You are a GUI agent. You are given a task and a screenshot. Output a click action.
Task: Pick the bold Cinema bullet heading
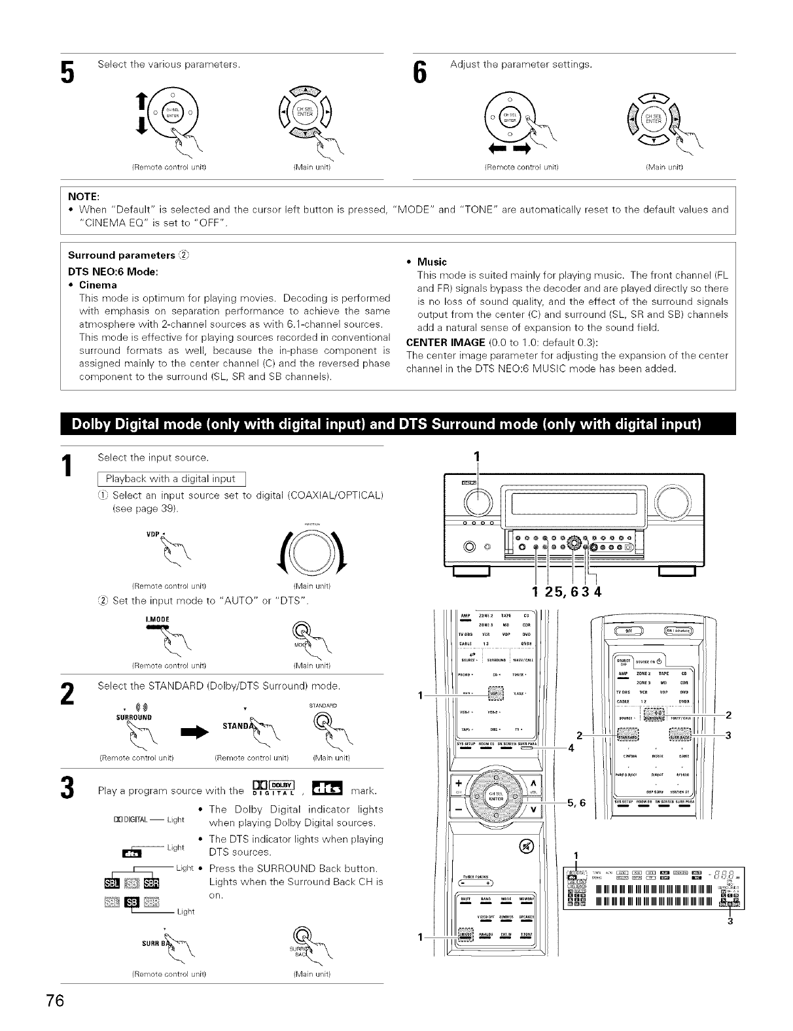point(97,285)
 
